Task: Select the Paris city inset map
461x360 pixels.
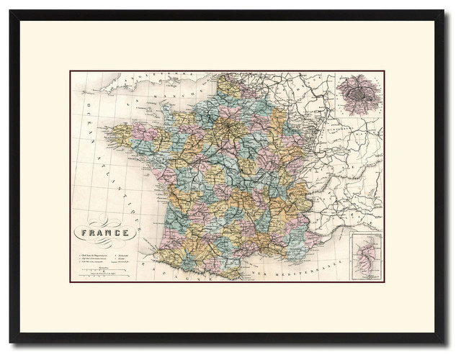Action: click(359, 96)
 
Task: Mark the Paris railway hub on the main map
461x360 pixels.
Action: click(230, 130)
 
